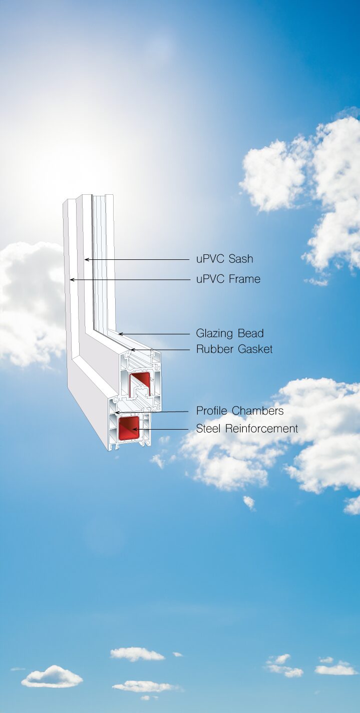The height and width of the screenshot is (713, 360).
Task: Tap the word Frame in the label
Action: point(245,279)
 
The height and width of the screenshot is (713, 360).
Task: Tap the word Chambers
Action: point(257,411)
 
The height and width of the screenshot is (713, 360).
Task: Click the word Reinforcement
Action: point(262,429)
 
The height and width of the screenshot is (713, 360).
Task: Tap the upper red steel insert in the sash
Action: point(139,383)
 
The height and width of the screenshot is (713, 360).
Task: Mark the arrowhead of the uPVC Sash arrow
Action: point(86,259)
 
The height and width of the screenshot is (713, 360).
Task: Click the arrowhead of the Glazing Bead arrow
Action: point(120,334)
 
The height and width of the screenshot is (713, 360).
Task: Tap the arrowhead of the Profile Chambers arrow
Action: point(117,413)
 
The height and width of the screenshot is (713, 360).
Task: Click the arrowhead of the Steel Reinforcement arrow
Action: point(134,429)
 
